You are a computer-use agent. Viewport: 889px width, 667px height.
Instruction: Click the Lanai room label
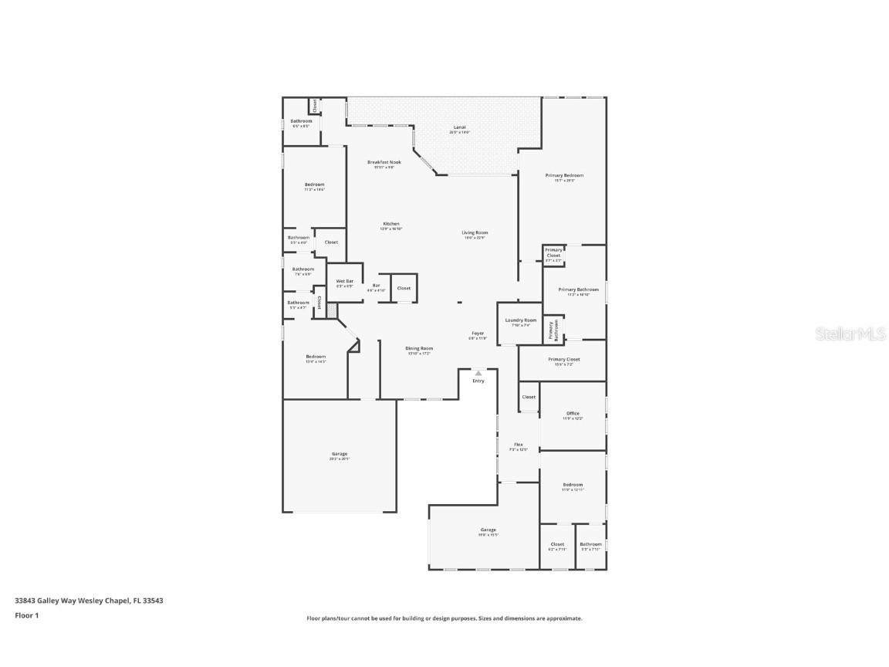pyautogui.click(x=459, y=127)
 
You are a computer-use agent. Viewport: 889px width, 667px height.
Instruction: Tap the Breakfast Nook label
pyautogui.click(x=384, y=162)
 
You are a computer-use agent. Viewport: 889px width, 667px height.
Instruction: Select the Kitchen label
pyautogui.click(x=391, y=224)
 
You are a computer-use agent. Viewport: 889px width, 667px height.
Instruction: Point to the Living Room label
pyautogui.click(x=475, y=232)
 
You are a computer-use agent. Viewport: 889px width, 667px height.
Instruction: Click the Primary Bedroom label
pyautogui.click(x=564, y=175)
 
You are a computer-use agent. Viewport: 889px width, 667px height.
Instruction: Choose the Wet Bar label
pyautogui.click(x=344, y=281)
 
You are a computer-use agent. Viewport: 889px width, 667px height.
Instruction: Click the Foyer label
pyautogui.click(x=478, y=333)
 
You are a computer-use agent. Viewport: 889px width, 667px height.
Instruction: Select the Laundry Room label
pyautogui.click(x=521, y=320)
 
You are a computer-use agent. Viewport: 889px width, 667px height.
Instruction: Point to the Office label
pyautogui.click(x=572, y=413)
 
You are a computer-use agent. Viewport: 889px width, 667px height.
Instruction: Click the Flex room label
pyautogui.click(x=519, y=445)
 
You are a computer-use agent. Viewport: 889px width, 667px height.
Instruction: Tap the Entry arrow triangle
pyautogui.click(x=478, y=373)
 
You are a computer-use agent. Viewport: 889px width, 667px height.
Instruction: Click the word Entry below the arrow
pyautogui.click(x=478, y=381)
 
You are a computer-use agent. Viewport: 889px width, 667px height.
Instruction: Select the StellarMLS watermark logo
pyautogui.click(x=846, y=334)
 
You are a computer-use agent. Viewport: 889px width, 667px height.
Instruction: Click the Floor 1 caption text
pyautogui.click(x=26, y=615)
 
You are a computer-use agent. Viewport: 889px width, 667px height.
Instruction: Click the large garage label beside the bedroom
pyautogui.click(x=340, y=454)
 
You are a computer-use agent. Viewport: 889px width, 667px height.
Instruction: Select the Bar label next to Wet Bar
pyautogui.click(x=377, y=286)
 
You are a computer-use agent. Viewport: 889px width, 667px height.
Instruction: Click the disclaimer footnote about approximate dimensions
pyautogui.click(x=444, y=618)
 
